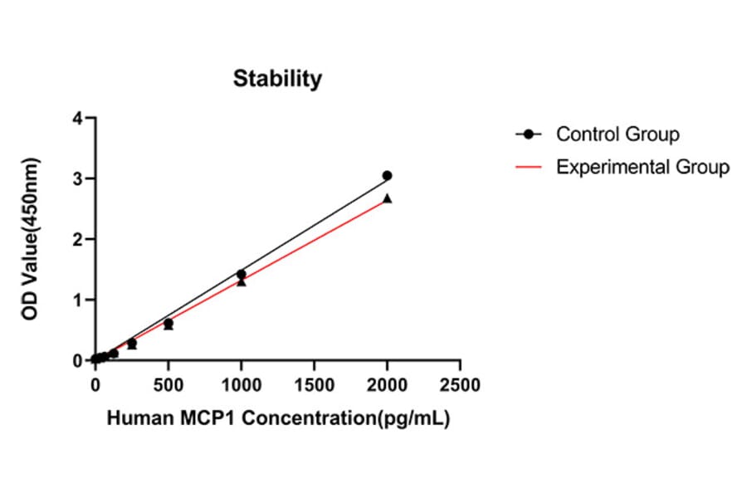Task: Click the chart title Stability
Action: (277, 79)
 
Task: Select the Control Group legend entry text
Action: (618, 134)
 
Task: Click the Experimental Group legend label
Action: (642, 167)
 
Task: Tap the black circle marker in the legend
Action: (529, 134)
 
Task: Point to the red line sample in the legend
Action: (529, 167)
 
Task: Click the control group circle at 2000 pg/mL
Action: (387, 176)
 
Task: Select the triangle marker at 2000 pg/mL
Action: (387, 198)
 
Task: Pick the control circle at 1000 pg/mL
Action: (242, 274)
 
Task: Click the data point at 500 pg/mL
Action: (168, 324)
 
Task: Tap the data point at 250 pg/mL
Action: (132, 343)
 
